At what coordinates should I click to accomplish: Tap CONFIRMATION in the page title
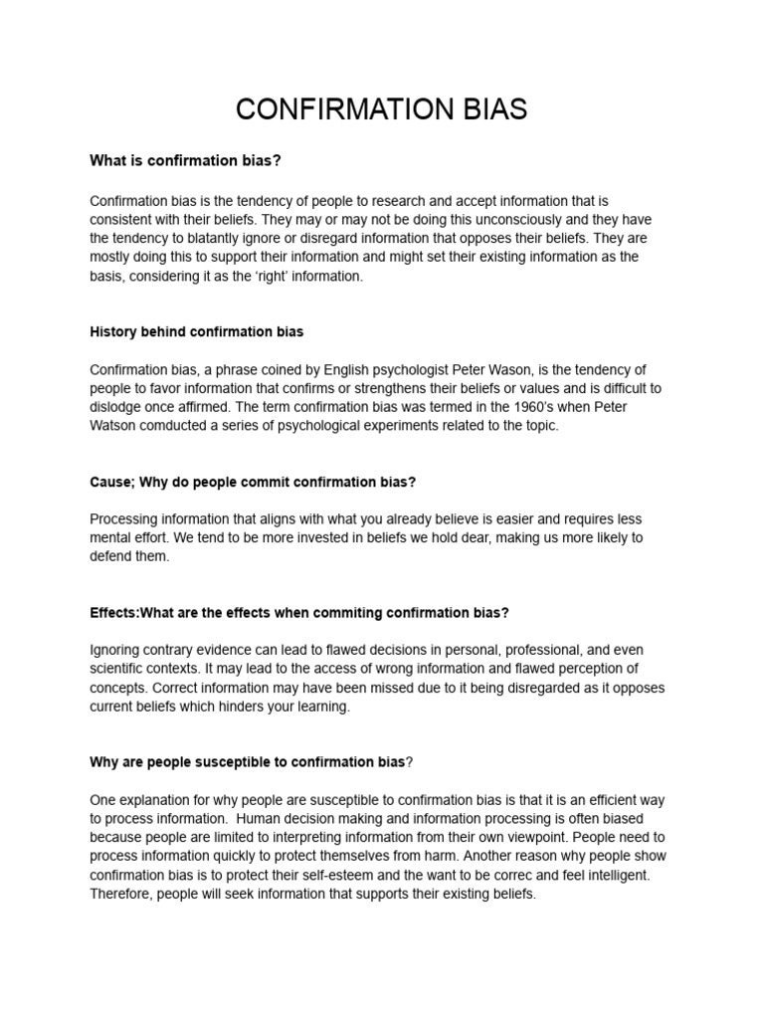[337, 109]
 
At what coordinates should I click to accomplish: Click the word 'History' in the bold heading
[114, 331]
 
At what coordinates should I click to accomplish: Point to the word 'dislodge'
[115, 407]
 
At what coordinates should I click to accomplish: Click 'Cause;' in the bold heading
[112, 482]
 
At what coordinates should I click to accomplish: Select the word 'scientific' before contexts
[119, 669]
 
